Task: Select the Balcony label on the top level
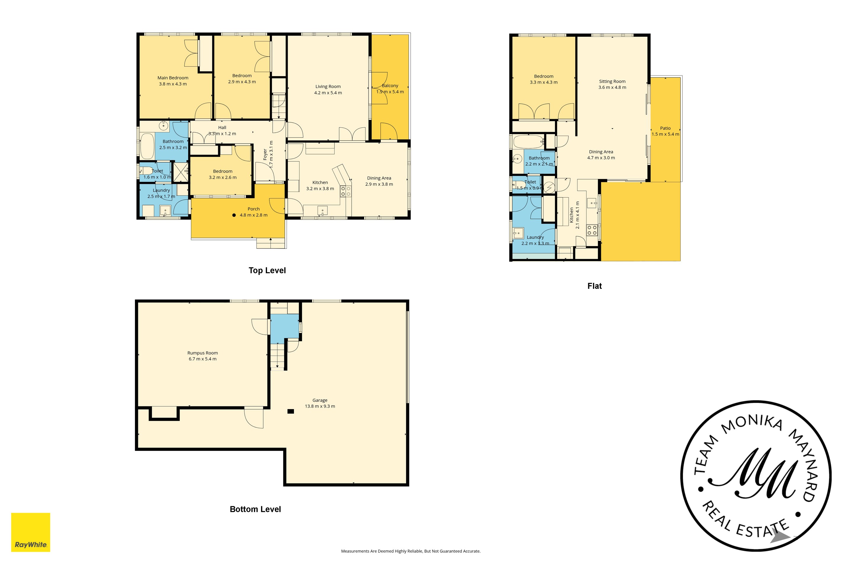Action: (x=390, y=86)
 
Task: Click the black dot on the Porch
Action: (x=234, y=215)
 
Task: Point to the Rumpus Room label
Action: (x=202, y=353)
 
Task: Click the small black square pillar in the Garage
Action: (x=290, y=411)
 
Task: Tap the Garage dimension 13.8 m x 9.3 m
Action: (x=320, y=406)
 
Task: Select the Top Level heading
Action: (x=267, y=270)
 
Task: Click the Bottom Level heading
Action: (x=255, y=509)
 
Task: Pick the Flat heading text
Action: (x=594, y=286)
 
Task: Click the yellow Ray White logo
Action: (x=31, y=532)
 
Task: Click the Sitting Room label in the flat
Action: (x=612, y=81)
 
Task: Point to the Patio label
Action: (x=665, y=128)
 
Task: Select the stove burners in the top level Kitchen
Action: (x=345, y=191)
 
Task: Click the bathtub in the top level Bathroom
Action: (x=147, y=146)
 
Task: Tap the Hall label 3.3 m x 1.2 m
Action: (x=222, y=131)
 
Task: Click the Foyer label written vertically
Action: (x=265, y=155)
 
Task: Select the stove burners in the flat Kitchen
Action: (x=592, y=230)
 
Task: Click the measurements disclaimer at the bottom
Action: (x=411, y=551)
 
